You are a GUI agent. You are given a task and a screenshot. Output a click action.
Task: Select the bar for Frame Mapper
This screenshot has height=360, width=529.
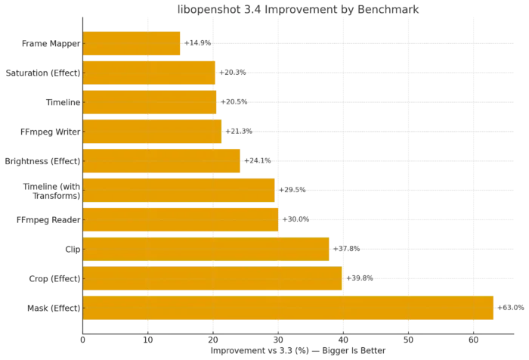pos(131,43)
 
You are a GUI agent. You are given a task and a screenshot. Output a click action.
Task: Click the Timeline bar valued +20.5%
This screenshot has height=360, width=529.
pos(150,102)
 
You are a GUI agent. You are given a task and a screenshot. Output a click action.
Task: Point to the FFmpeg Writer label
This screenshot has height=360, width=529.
pos(57,132)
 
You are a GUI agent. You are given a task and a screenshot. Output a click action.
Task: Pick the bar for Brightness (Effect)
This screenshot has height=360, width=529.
pos(161,161)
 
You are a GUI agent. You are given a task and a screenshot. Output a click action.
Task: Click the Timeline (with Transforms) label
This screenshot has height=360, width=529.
pos(56,191)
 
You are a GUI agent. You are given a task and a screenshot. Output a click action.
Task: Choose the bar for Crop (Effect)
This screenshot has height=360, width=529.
pos(212,278)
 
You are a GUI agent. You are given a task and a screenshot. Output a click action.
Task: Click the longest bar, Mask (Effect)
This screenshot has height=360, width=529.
pos(288,308)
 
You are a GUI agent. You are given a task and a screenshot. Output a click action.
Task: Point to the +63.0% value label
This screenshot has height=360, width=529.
pos(511,308)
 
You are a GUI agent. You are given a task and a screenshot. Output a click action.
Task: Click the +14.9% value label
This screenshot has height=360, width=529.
pos(198,43)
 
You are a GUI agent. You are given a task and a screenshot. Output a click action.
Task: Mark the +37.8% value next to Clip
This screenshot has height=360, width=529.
pos(348,249)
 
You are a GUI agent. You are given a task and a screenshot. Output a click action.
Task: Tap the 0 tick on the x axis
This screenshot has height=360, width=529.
pos(82,338)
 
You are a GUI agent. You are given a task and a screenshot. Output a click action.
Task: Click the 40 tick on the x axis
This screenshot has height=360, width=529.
pos(343,338)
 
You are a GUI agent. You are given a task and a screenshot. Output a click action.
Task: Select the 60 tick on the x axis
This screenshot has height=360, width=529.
pos(474,338)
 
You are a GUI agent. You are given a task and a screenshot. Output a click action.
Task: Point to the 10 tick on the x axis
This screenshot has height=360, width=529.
pos(147,338)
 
